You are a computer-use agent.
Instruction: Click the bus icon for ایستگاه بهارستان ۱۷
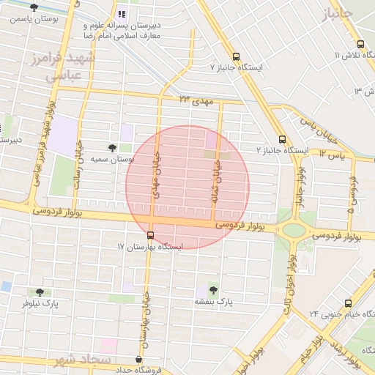tap(151, 235)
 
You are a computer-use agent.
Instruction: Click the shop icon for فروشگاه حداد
tap(138, 359)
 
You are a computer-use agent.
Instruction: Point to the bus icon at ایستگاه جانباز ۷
tap(236, 56)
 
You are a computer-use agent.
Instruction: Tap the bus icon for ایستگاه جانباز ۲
tap(283, 139)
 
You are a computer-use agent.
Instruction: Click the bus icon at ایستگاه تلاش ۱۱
tap(360, 43)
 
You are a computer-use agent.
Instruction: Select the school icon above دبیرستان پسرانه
tap(122, 14)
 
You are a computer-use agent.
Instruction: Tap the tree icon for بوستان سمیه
tap(111, 147)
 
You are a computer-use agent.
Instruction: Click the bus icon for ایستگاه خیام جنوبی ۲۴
tap(347, 302)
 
